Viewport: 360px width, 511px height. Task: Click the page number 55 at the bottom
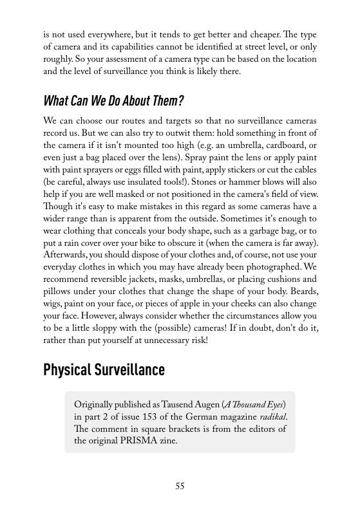tap(180, 487)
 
